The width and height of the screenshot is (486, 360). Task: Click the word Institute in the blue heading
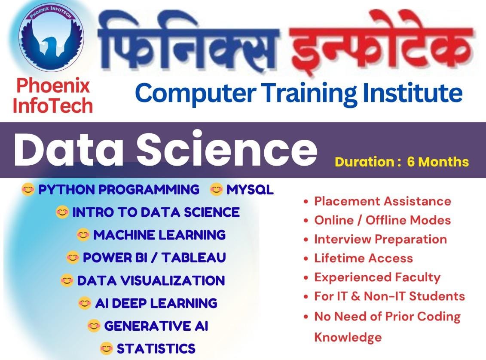click(x=413, y=93)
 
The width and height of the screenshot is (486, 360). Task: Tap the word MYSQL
click(x=250, y=190)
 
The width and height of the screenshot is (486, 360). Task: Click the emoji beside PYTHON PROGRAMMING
click(x=28, y=190)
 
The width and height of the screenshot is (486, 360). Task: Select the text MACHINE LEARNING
click(x=159, y=235)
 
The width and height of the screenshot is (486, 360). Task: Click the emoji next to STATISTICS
click(x=107, y=348)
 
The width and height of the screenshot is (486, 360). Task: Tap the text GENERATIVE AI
click(x=156, y=326)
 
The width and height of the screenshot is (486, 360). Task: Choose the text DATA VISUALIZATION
click(x=151, y=280)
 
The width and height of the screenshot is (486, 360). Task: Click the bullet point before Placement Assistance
click(x=306, y=202)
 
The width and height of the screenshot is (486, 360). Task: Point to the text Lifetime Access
click(x=364, y=258)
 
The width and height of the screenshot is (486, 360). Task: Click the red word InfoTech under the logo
click(x=53, y=106)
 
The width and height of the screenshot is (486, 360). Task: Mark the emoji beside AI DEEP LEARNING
click(x=85, y=303)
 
